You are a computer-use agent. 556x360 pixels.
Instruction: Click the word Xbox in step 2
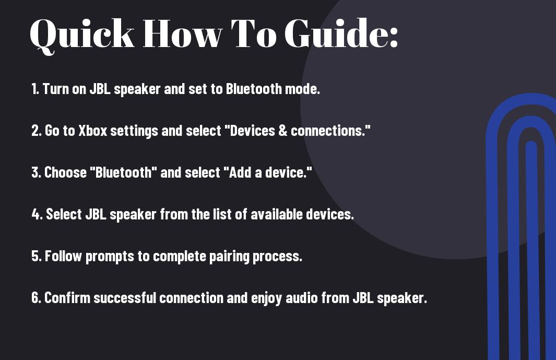point(92,131)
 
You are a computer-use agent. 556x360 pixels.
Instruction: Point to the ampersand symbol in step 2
point(282,131)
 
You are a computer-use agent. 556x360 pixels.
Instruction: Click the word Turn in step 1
point(56,89)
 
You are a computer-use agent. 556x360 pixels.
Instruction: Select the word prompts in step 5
point(110,257)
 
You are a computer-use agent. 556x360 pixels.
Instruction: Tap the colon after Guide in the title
point(394,37)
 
